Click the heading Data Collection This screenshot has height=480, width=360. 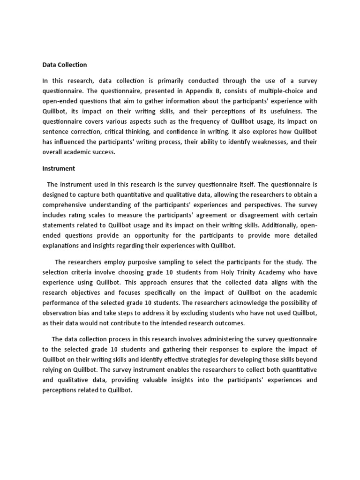(64, 65)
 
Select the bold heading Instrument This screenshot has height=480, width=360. (59, 168)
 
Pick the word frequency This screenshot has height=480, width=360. (217, 122)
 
